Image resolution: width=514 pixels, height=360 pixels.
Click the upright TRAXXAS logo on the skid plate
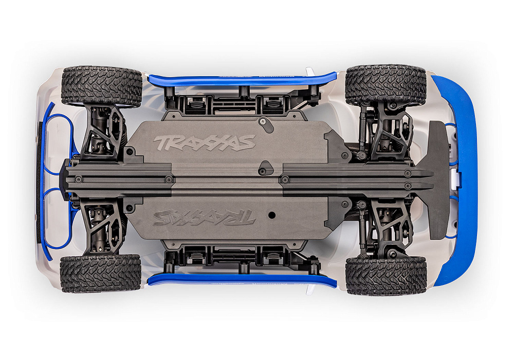tap(205, 142)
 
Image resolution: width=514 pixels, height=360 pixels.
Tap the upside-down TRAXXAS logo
tap(205, 218)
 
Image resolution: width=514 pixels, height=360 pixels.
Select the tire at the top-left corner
tap(101, 86)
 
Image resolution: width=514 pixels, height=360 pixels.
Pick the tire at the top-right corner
tap(385, 84)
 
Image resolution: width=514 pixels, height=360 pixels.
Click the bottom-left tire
tap(101, 273)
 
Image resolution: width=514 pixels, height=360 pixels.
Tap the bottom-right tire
tap(386, 275)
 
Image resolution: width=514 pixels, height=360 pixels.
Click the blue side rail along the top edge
tap(242, 79)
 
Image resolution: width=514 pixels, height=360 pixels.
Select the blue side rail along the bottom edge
tap(242, 280)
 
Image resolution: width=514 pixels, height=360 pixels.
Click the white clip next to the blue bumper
tap(456, 179)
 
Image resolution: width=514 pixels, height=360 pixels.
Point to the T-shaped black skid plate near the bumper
tap(437, 180)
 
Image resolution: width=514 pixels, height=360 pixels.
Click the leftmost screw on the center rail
tap(78, 179)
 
